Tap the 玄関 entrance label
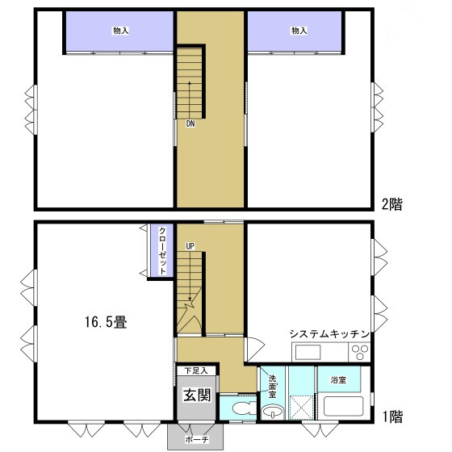pyautogui.click(x=195, y=395)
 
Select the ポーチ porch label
pyautogui.click(x=196, y=439)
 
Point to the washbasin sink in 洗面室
pyautogui.click(x=274, y=412)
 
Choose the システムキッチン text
pyautogui.click(x=329, y=333)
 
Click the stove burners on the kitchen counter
pyautogui.click(x=359, y=352)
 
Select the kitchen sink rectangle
pyautogui.click(x=308, y=352)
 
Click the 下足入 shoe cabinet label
pyautogui.click(x=195, y=370)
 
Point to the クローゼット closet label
pyautogui.click(x=162, y=251)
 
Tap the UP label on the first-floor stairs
pyautogui.click(x=190, y=245)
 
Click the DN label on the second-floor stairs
pyautogui.click(x=190, y=124)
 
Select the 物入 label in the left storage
pyautogui.click(x=120, y=31)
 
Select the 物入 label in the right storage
pyautogui.click(x=299, y=31)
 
